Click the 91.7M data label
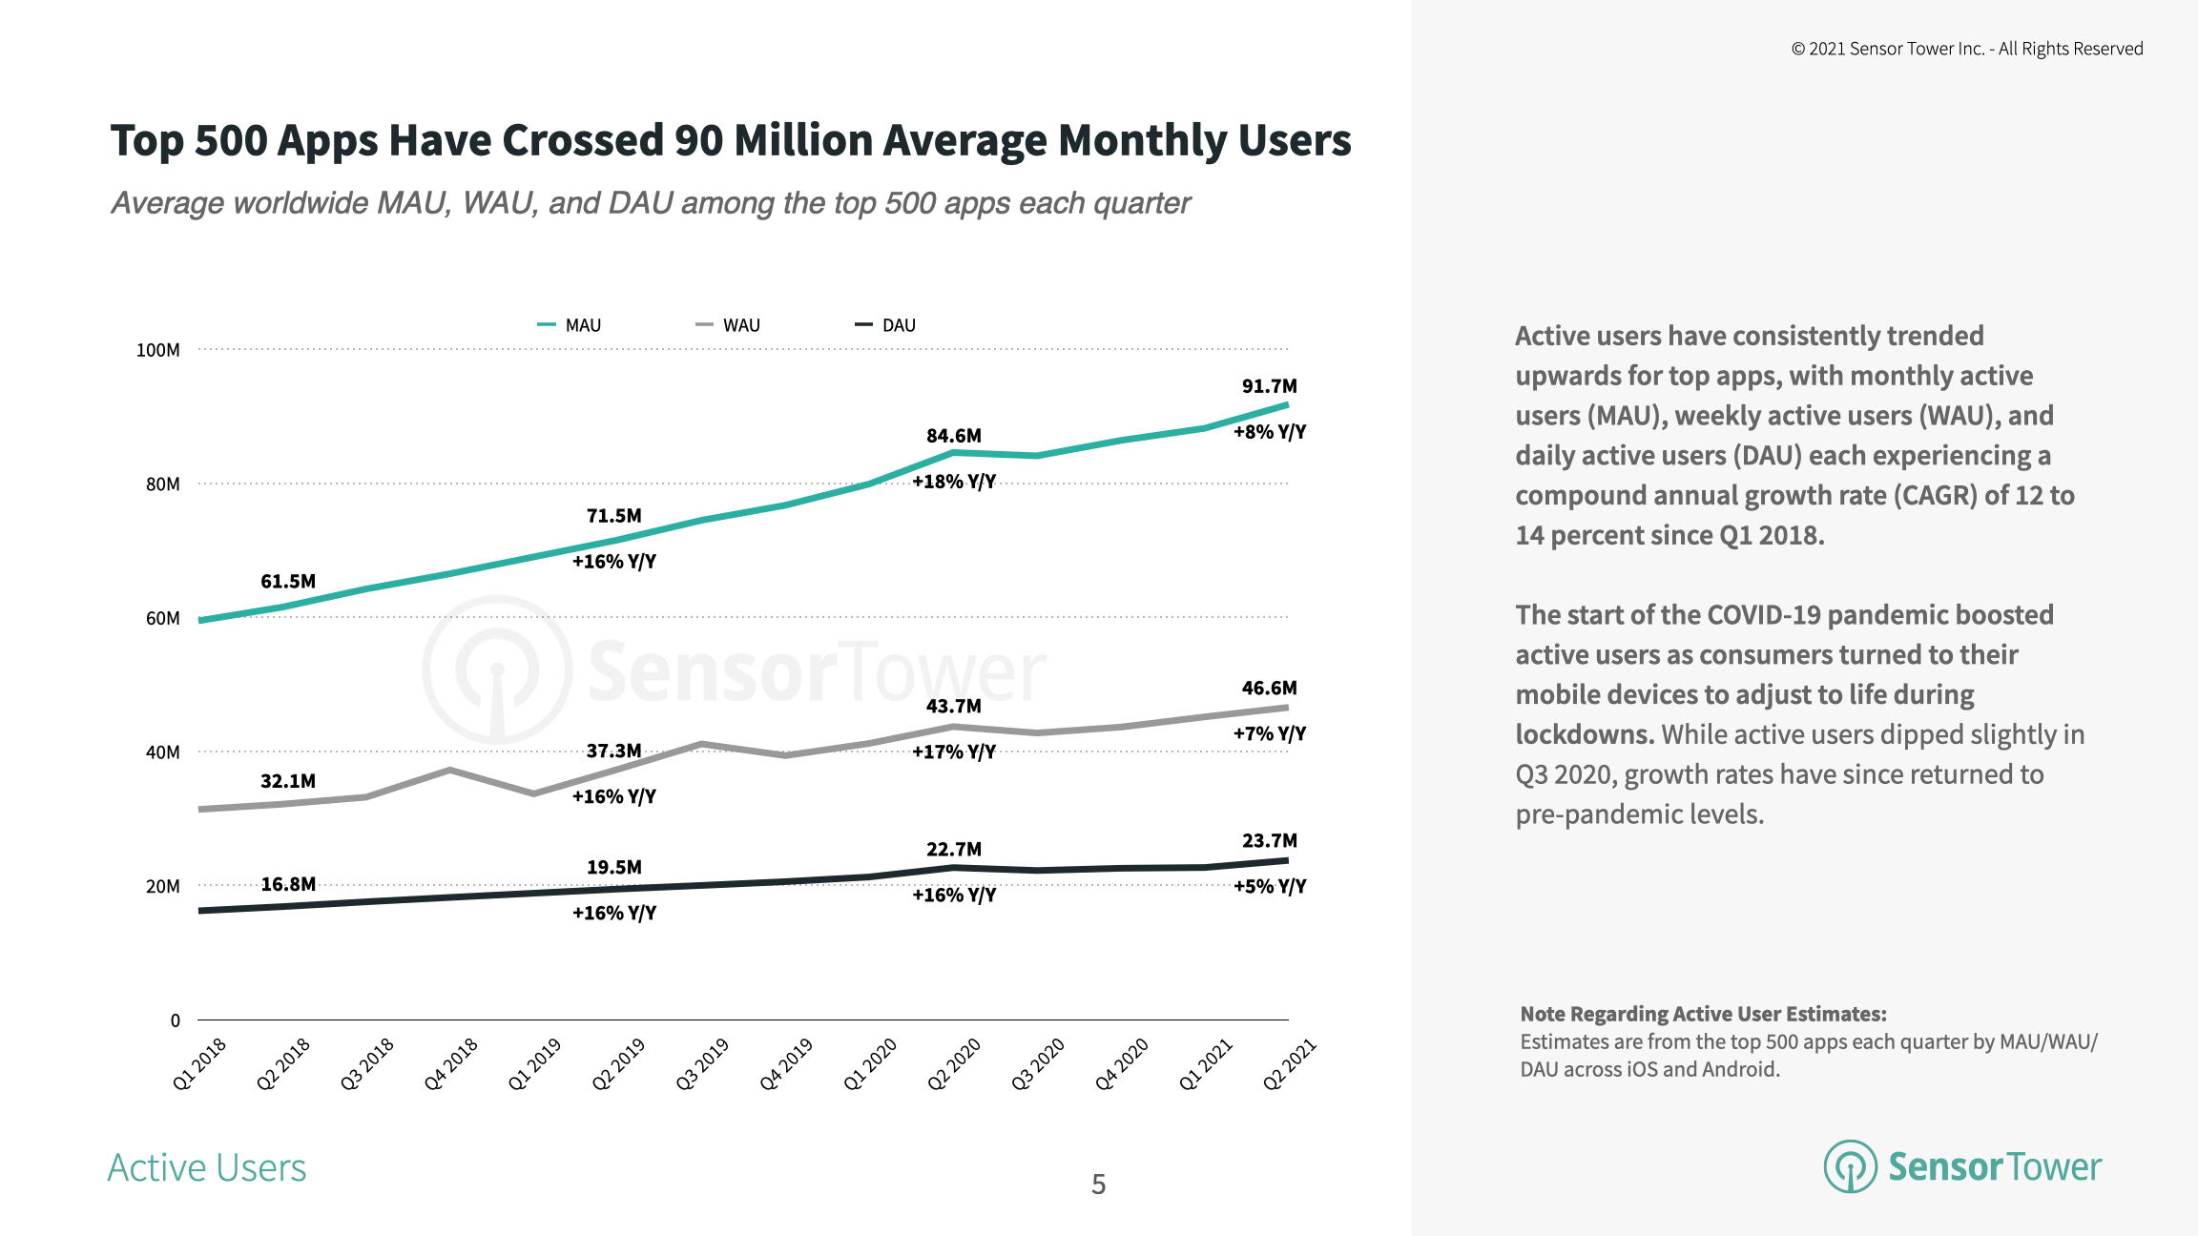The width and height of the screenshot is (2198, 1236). [x=1269, y=386]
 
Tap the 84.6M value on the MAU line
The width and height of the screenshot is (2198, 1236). [x=953, y=436]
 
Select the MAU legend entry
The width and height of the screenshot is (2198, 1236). [x=570, y=325]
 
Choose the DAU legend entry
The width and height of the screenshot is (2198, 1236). [x=886, y=325]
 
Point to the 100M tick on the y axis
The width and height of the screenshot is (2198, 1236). [x=157, y=350]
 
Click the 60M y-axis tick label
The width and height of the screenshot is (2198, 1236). [x=162, y=618]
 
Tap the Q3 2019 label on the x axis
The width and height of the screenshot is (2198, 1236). [x=702, y=1063]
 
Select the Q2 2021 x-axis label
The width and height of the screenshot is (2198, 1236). [x=1289, y=1063]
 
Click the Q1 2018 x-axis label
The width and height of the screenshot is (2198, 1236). [x=199, y=1063]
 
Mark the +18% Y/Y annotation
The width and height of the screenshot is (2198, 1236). [x=953, y=482]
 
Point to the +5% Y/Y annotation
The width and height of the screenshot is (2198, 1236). [x=1269, y=886]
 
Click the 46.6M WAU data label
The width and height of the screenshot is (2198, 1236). [x=1269, y=688]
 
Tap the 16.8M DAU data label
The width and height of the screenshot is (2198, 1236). [x=288, y=884]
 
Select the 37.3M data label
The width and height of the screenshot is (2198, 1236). [x=613, y=751]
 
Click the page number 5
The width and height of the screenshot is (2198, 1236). [x=1098, y=1184]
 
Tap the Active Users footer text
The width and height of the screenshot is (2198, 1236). [x=207, y=1168]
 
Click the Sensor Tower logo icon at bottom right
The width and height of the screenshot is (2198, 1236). [x=1850, y=1166]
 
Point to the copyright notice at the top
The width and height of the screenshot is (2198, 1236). [x=1966, y=49]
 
